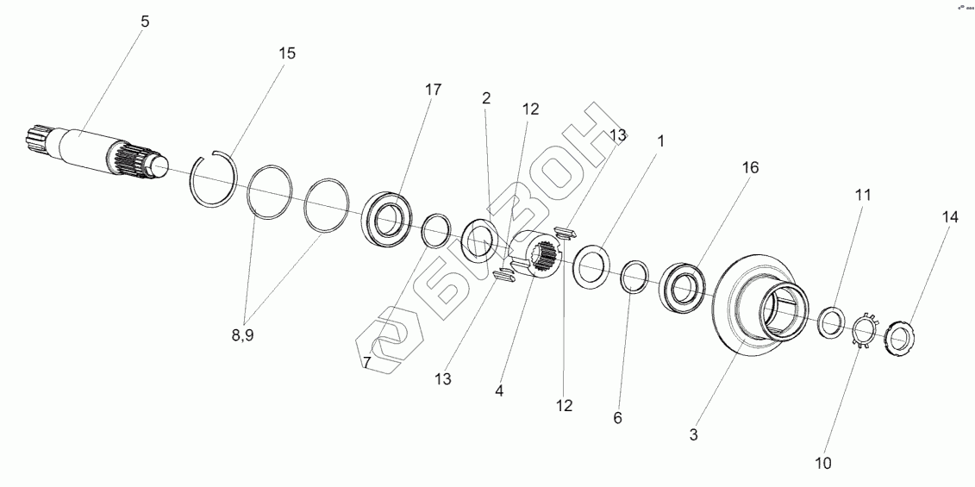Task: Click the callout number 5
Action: tap(145, 22)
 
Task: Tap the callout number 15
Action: tap(286, 53)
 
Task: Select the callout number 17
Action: tap(433, 90)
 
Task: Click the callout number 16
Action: tap(750, 168)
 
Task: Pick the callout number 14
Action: tap(949, 218)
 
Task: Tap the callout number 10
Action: tap(822, 463)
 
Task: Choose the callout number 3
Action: tap(693, 435)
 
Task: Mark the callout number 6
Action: tap(617, 417)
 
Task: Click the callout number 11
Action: tap(863, 196)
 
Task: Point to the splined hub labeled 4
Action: tap(535, 258)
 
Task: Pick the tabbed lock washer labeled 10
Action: tap(864, 332)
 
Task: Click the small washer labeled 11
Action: tap(831, 322)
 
